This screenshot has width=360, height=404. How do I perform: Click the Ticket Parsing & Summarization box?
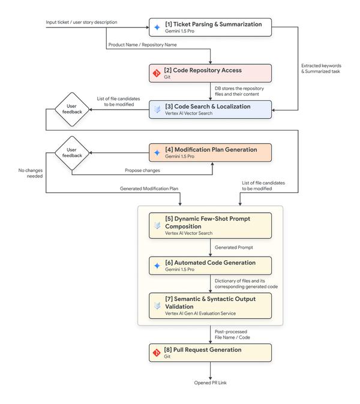point(210,28)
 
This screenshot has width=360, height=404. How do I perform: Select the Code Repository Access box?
point(210,74)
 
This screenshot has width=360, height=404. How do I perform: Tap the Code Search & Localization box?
point(210,110)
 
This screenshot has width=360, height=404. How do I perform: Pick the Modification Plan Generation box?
point(210,153)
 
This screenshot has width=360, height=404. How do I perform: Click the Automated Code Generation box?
point(210,266)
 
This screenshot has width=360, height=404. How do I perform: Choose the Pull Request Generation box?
point(210,353)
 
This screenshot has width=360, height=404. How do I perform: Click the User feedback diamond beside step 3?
point(72,110)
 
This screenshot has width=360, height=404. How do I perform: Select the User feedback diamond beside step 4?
point(72,153)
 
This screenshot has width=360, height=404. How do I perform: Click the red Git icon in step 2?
point(157,74)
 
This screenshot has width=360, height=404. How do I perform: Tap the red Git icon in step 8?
point(157,352)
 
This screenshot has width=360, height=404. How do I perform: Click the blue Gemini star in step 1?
point(157,28)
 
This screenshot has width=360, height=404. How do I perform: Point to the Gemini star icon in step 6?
point(157,266)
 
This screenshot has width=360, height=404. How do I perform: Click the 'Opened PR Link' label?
point(211,383)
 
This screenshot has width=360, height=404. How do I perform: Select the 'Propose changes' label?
point(142,170)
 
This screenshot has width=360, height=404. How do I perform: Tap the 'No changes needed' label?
point(31,173)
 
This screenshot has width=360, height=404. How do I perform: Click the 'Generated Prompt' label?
point(234,248)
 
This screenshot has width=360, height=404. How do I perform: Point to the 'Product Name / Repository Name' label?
point(143,45)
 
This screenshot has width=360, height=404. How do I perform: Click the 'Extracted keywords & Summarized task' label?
point(322,68)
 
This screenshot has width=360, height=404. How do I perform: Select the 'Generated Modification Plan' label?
point(149,189)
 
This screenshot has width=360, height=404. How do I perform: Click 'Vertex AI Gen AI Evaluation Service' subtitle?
point(200,313)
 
